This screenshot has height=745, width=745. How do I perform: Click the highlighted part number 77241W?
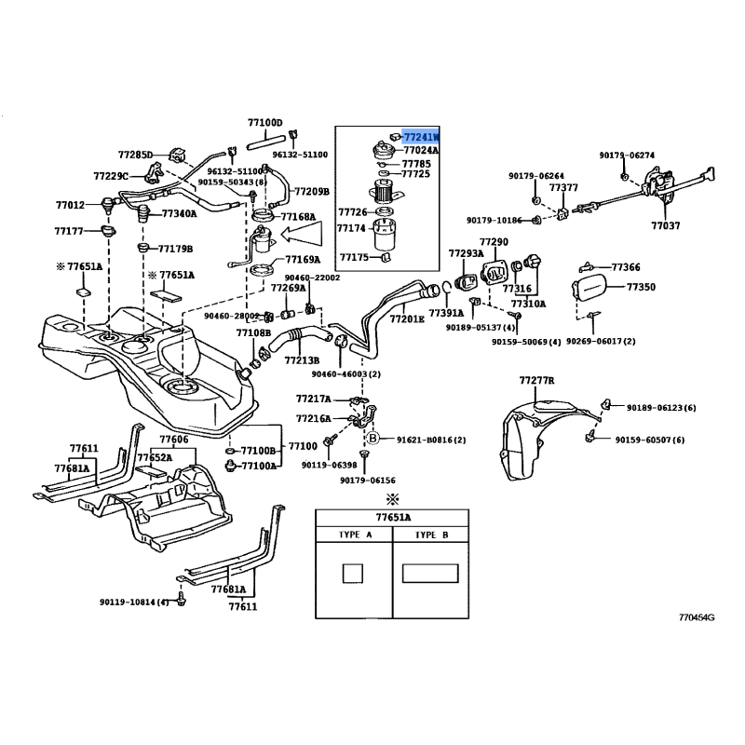(x=421, y=136)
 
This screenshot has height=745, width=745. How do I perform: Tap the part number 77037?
(x=666, y=225)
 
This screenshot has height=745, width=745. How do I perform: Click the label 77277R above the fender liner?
(x=536, y=381)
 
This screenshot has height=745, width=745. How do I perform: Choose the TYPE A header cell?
(x=354, y=535)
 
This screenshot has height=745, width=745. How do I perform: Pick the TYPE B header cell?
(x=432, y=535)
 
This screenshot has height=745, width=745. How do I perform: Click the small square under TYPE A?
(x=354, y=575)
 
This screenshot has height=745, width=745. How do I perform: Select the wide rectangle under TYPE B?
(x=431, y=575)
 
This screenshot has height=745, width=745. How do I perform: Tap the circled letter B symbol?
(x=372, y=438)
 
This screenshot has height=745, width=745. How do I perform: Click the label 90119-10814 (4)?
(x=136, y=603)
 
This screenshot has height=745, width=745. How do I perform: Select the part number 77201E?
(x=407, y=318)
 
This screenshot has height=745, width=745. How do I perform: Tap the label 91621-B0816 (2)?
(x=431, y=439)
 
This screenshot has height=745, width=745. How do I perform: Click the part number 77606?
(x=173, y=439)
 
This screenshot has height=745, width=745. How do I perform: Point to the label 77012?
(x=70, y=206)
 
